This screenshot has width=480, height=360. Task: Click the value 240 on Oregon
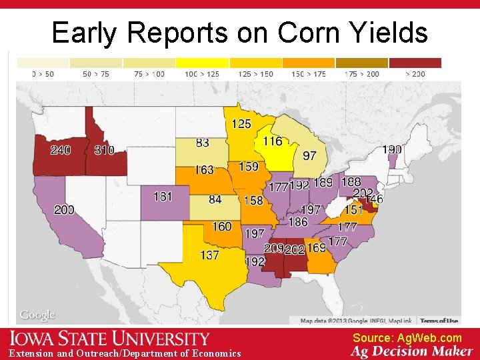60,150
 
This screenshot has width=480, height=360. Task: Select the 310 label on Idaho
104,150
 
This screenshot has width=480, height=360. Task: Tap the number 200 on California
64,210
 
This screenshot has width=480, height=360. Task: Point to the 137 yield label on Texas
209,255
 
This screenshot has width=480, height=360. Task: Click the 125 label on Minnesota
241,123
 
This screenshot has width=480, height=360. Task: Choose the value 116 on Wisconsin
272,141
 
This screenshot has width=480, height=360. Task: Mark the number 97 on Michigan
310,155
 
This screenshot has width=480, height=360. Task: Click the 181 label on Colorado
163,197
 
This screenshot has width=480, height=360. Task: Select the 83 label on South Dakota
203,143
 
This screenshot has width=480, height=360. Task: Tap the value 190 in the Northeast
392,149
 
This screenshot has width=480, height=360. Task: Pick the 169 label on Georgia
316,248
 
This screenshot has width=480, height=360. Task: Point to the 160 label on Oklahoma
222,227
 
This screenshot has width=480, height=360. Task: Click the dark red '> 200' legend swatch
415,63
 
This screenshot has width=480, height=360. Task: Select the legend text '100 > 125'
201,74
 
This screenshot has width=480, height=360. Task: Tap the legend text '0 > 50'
43,74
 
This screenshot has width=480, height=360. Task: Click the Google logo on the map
37,315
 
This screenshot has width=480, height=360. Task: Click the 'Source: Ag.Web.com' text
407,338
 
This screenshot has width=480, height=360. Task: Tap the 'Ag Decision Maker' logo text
411,351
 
